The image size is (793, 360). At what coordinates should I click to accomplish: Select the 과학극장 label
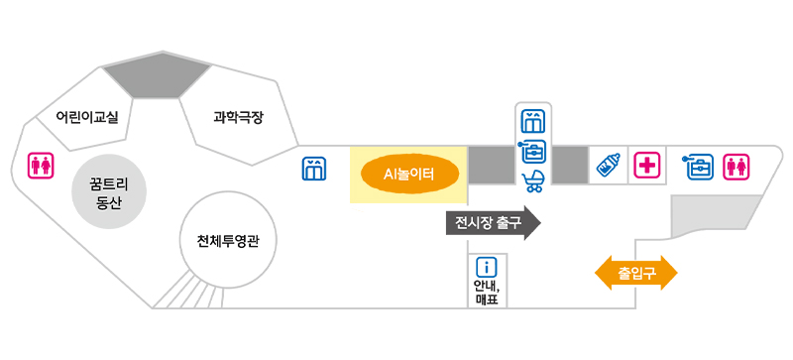click(238, 117)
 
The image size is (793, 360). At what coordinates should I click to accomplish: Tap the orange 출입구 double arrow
click(635, 271)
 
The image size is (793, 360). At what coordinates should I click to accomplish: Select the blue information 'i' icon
click(486, 267)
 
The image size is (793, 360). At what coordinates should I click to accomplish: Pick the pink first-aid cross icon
click(648, 166)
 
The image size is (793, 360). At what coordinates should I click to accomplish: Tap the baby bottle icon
click(608, 166)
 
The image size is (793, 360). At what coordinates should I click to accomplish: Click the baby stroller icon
click(533, 180)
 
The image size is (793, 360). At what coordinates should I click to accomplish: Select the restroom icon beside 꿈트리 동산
click(41, 166)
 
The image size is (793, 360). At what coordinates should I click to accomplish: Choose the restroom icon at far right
click(736, 166)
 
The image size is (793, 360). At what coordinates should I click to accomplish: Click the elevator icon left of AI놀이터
click(314, 170)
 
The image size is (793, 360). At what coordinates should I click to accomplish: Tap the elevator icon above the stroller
click(533, 121)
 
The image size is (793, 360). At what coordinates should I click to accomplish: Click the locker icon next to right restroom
click(699, 166)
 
